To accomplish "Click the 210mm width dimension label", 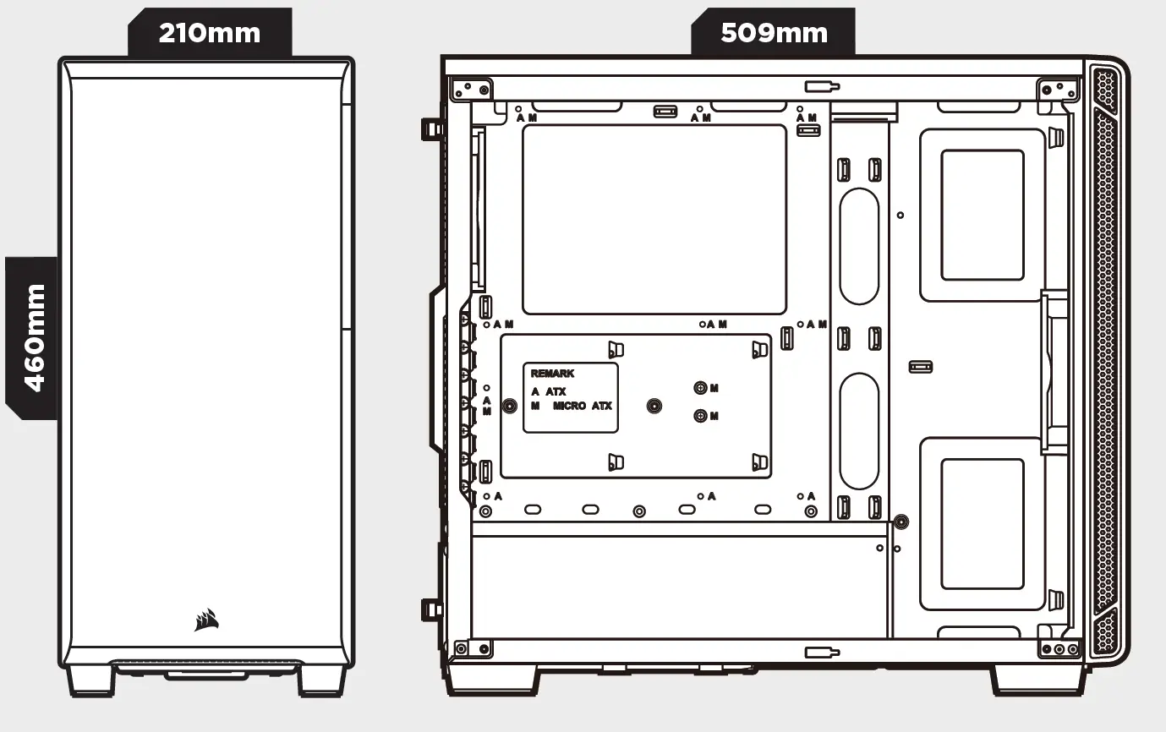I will click(210, 33).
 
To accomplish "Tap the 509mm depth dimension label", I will click(773, 33).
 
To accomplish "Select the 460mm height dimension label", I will click(33, 337).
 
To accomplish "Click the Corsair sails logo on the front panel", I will click(206, 620).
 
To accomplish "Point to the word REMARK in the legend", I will click(552, 374).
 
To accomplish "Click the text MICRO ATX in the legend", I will click(582, 407).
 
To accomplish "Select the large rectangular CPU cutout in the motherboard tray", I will click(654, 220).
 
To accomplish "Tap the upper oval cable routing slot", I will click(859, 246).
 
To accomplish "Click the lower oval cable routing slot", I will click(859, 430).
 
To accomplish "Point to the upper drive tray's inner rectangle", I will click(982, 215).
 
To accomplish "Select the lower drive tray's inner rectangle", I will click(982, 524).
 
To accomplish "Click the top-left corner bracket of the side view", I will click(472, 89).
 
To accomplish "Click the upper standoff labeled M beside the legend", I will click(700, 388).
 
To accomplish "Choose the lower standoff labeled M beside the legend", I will click(700, 416).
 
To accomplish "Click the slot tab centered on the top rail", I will click(821, 86).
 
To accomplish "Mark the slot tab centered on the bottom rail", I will click(821, 652).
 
